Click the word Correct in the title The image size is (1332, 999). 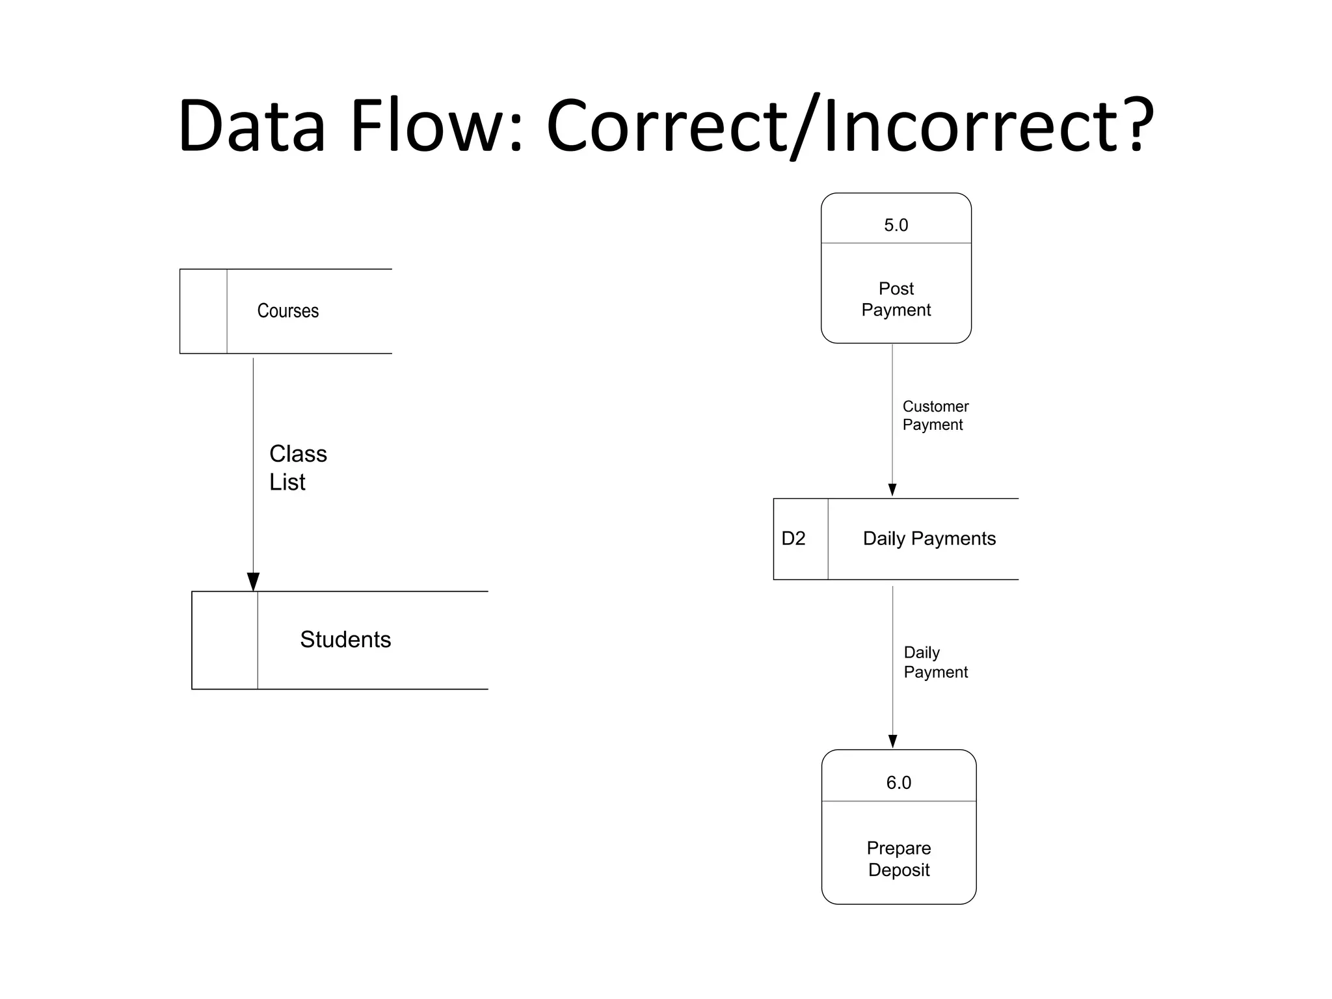coord(667,126)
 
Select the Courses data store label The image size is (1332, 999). coord(287,311)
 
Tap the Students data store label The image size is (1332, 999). coord(345,639)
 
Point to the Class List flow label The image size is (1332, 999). coord(297,468)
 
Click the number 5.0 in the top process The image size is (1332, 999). coord(896,225)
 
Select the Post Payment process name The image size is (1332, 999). coord(896,299)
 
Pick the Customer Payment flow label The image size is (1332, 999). coord(935,416)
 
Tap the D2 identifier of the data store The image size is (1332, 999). coord(793,539)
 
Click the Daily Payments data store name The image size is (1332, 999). coord(929,539)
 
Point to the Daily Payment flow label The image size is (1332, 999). coord(935,662)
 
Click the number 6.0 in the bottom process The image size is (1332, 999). coord(898,782)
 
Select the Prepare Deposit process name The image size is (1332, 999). coord(898,859)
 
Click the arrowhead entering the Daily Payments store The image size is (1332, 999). coord(892,490)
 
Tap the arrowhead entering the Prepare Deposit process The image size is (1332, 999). coord(892,741)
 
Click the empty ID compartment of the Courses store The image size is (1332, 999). coord(204,311)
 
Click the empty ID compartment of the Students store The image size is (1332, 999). coord(224,639)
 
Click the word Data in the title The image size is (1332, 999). coord(251,126)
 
